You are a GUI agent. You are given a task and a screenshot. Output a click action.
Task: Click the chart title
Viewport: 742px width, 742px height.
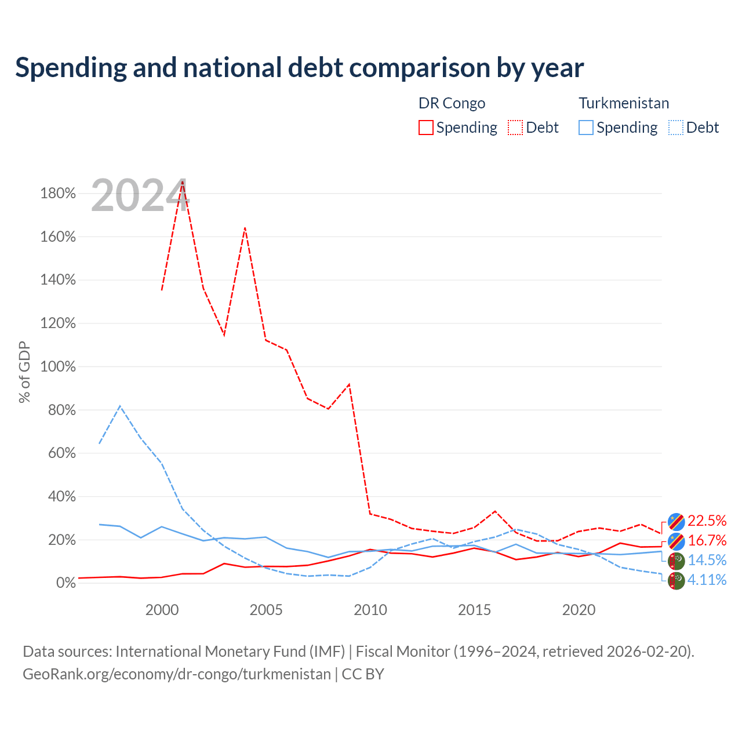[299, 67]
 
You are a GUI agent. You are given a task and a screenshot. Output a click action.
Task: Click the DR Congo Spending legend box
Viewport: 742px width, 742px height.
[425, 128]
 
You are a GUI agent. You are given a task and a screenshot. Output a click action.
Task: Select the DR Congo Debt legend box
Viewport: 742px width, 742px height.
[515, 128]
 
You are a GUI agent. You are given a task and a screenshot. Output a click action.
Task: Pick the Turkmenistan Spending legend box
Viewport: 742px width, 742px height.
[585, 128]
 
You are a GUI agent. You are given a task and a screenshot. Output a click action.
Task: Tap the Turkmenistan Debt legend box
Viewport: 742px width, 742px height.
[675, 128]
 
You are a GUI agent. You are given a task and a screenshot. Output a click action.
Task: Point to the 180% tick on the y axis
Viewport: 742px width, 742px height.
[58, 193]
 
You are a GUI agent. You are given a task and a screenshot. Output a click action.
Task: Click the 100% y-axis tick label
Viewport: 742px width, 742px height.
[58, 366]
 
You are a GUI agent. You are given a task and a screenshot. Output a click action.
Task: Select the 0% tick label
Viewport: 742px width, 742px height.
[66, 583]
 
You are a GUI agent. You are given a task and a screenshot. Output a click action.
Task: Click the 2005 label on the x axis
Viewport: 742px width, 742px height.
[265, 610]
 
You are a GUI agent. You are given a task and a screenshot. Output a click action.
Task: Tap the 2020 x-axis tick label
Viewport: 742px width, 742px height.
[579, 610]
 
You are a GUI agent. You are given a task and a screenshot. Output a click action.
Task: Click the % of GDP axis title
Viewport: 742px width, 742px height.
[24, 372]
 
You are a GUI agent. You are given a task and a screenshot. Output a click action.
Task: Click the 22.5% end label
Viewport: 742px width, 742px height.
[707, 521]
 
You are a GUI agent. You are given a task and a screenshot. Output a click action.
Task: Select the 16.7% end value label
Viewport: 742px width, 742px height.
[707, 540]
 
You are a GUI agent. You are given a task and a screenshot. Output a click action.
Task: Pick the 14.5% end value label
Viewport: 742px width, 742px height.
[707, 560]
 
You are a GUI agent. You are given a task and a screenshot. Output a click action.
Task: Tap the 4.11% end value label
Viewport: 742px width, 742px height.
[707, 580]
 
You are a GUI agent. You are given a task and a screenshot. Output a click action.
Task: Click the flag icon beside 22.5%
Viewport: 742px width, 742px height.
[676, 522]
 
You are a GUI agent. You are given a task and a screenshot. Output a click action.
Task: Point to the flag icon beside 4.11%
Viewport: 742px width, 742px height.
[676, 581]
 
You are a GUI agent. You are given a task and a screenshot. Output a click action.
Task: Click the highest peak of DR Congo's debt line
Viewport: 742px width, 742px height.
[183, 181]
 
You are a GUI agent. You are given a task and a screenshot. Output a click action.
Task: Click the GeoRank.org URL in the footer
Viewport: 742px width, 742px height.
[177, 674]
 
